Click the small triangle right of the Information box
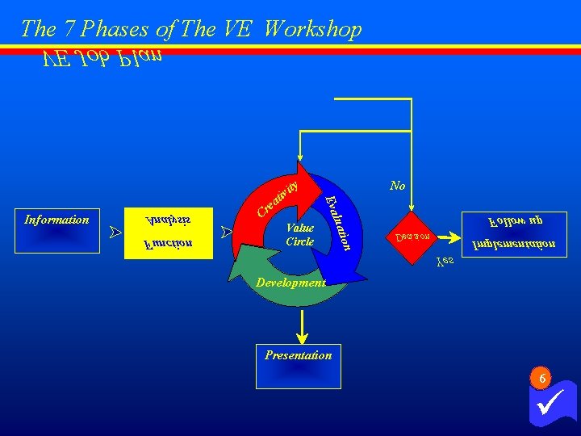[x=115, y=233]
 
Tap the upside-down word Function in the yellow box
[x=169, y=242]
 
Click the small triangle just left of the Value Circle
[x=227, y=233]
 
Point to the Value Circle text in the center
[x=299, y=235]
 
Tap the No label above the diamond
[x=397, y=186]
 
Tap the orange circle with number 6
[x=542, y=377]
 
